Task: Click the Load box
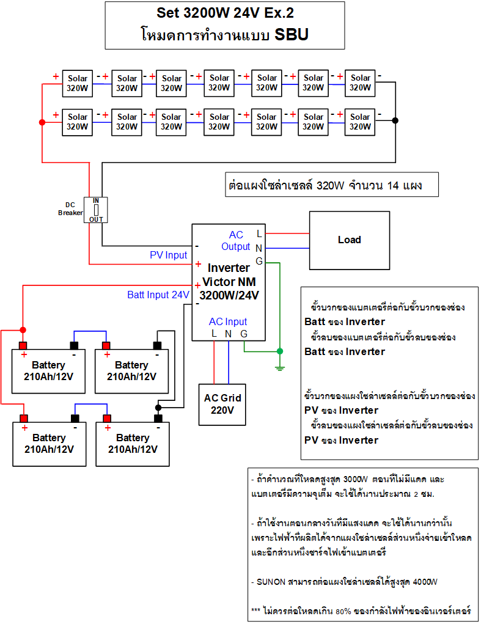click(350, 240)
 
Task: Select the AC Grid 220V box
click(222, 404)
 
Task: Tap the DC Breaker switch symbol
click(96, 210)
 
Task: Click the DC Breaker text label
click(70, 208)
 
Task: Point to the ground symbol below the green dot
click(280, 367)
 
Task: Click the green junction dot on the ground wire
click(280, 351)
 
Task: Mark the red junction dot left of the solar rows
click(42, 123)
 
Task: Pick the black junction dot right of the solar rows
click(395, 120)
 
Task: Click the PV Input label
click(169, 255)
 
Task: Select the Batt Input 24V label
click(158, 295)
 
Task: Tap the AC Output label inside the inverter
click(236, 241)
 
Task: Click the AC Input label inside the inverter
click(228, 321)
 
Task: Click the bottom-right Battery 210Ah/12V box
click(133, 444)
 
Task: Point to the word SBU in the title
click(291, 35)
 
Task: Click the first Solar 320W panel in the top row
click(78, 83)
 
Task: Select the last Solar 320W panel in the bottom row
click(360, 122)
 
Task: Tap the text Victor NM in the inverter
click(229, 282)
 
